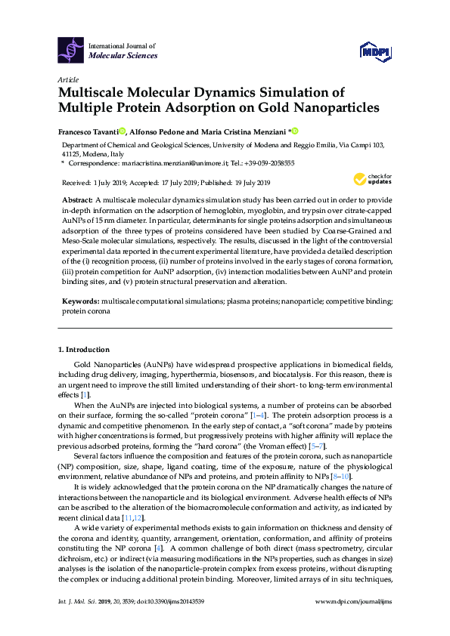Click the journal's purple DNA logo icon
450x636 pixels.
pos(71,50)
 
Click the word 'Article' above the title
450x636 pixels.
pos(68,79)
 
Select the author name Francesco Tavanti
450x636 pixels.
pos(90,130)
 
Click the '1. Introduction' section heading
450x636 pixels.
pos(84,350)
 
